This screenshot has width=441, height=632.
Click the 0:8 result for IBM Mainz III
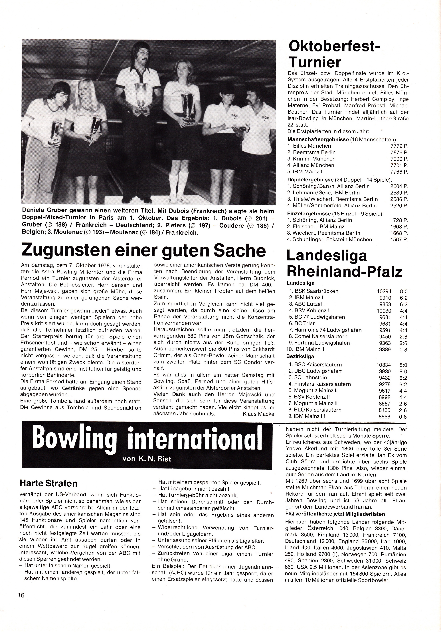point(403,416)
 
